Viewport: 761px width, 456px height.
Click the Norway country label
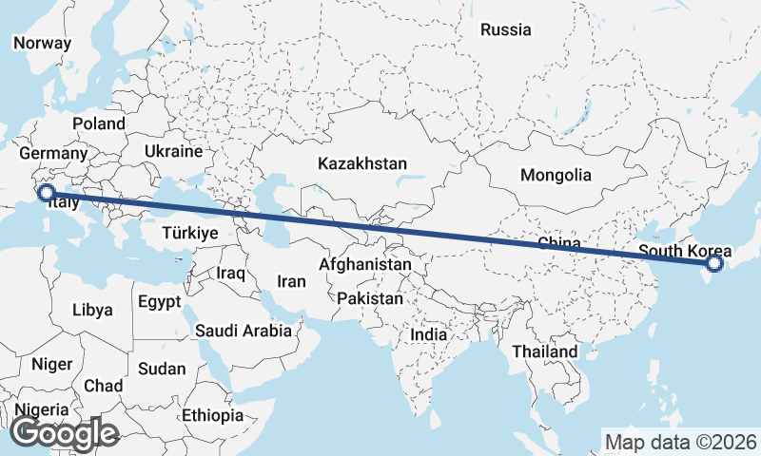click(x=42, y=43)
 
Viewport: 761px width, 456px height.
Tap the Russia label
click(x=505, y=30)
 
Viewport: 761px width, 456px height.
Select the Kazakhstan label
click(x=362, y=163)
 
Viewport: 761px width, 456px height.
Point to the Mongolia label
click(x=556, y=175)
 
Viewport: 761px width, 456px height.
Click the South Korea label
click(x=685, y=252)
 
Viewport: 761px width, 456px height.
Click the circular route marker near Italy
click(x=45, y=194)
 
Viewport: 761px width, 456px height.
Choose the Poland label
click(x=98, y=123)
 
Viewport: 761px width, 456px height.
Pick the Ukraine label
click(x=174, y=151)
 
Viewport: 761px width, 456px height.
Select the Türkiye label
click(x=190, y=233)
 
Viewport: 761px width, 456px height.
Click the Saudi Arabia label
click(x=243, y=332)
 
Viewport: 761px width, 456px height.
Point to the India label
click(x=428, y=335)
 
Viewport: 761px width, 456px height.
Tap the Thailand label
click(x=544, y=351)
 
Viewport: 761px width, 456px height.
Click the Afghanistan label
click(x=366, y=264)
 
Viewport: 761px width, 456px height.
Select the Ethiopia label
click(x=213, y=416)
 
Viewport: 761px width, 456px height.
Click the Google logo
click(x=64, y=434)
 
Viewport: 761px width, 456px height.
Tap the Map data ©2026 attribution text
click(x=680, y=442)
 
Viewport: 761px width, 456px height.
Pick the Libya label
click(x=92, y=310)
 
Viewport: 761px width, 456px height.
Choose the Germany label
click(x=52, y=154)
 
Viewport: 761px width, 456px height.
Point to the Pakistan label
click(x=370, y=298)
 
